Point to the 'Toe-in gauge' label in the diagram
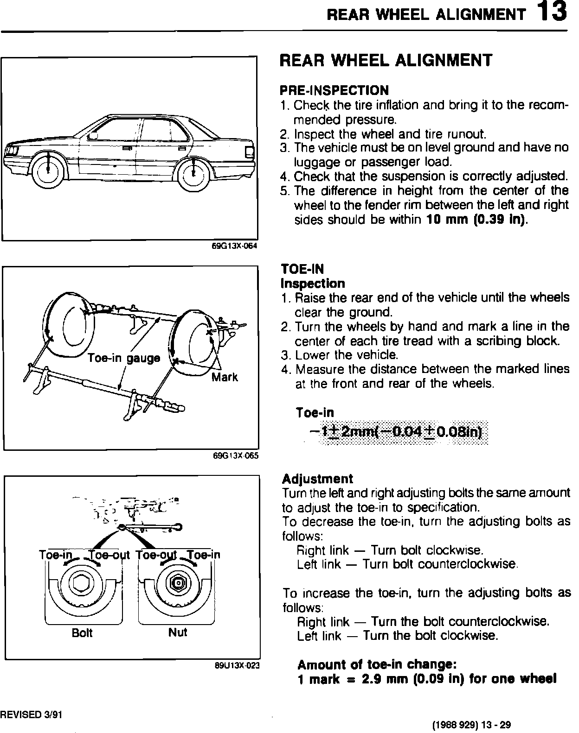[x=124, y=358]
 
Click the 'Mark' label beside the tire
[x=225, y=377]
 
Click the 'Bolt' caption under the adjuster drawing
[x=82, y=633]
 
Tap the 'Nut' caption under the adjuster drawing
[x=178, y=632]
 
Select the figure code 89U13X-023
[x=236, y=666]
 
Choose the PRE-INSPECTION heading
[x=334, y=90]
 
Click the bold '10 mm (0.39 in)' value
[x=477, y=220]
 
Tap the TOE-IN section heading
[x=302, y=269]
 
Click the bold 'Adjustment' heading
[x=317, y=479]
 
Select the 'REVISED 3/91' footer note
[x=31, y=714]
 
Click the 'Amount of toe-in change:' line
[x=378, y=665]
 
